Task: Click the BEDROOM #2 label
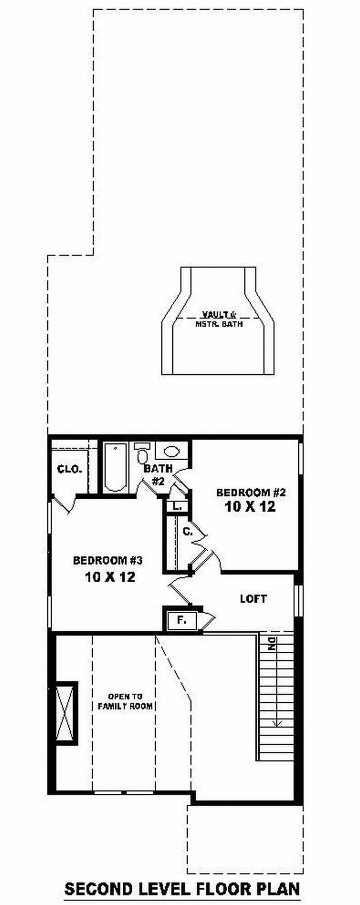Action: [251, 492]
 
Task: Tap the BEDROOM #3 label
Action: [108, 560]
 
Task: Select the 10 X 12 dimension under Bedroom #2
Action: [250, 507]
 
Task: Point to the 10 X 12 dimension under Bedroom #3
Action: [110, 577]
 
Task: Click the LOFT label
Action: [253, 599]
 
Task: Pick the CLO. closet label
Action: [70, 470]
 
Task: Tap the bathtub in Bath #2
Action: [117, 468]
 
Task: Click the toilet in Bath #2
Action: [142, 455]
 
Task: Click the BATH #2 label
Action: [157, 475]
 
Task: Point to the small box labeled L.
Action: [177, 506]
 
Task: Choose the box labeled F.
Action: [181, 620]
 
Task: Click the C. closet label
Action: [187, 532]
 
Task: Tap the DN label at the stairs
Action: [271, 645]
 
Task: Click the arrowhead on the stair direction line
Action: [277, 723]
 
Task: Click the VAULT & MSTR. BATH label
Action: [219, 319]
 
